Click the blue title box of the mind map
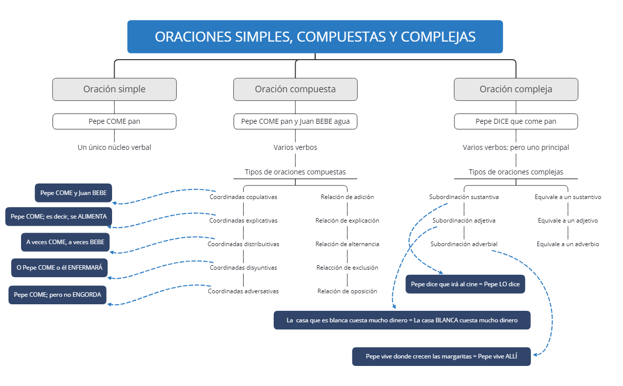click(315, 37)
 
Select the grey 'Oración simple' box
click(114, 89)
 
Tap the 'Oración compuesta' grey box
click(295, 89)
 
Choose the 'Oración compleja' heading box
click(516, 89)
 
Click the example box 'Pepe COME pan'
click(114, 121)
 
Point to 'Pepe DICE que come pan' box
click(516, 121)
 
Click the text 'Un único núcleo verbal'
click(114, 147)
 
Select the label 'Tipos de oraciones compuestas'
click(295, 172)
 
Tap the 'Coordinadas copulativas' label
click(243, 197)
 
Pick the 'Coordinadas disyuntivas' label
click(243, 268)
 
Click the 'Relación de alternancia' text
click(347, 244)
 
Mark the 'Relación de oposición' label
click(347, 291)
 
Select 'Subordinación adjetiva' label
click(464, 221)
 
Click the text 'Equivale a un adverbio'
click(567, 244)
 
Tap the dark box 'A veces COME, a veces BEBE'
click(66, 242)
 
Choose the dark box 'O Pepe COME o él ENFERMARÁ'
click(60, 268)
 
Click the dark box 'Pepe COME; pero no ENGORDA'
click(58, 295)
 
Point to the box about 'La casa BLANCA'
click(402, 320)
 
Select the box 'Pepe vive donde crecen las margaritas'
click(441, 356)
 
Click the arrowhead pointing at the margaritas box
click(535, 355)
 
